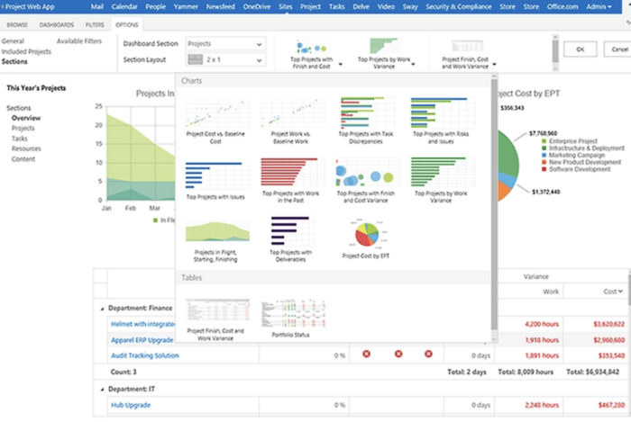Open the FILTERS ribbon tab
[x=94, y=24]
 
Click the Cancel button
[x=616, y=49]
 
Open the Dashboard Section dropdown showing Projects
[x=224, y=43]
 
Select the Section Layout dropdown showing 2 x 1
[x=224, y=59]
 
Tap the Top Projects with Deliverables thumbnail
[x=288, y=237]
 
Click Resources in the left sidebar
[x=26, y=148]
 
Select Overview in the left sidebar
[x=26, y=119]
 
